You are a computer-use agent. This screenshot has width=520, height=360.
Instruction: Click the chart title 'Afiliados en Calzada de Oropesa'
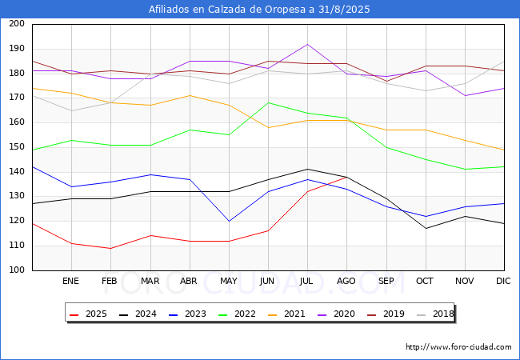coord(260,9)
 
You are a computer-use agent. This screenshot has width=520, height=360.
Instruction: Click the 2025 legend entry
coord(88,314)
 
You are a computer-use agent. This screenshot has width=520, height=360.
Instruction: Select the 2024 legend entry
coord(136,314)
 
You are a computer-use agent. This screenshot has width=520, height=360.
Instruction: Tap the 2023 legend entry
coord(184,314)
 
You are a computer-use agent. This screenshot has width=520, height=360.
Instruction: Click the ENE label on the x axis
coord(71,282)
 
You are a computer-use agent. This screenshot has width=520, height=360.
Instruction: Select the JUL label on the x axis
coord(307,282)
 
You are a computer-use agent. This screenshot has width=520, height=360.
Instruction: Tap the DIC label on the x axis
coord(503,282)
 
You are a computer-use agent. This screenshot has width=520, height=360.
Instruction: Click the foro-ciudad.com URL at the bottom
coord(458,347)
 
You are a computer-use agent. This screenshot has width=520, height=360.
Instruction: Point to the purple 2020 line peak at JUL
coord(307,44)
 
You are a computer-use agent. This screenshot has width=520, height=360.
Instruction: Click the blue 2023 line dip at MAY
coord(229,221)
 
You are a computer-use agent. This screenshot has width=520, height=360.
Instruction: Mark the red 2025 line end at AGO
coord(346,177)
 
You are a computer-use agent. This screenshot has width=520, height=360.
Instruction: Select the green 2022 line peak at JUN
coord(268,102)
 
